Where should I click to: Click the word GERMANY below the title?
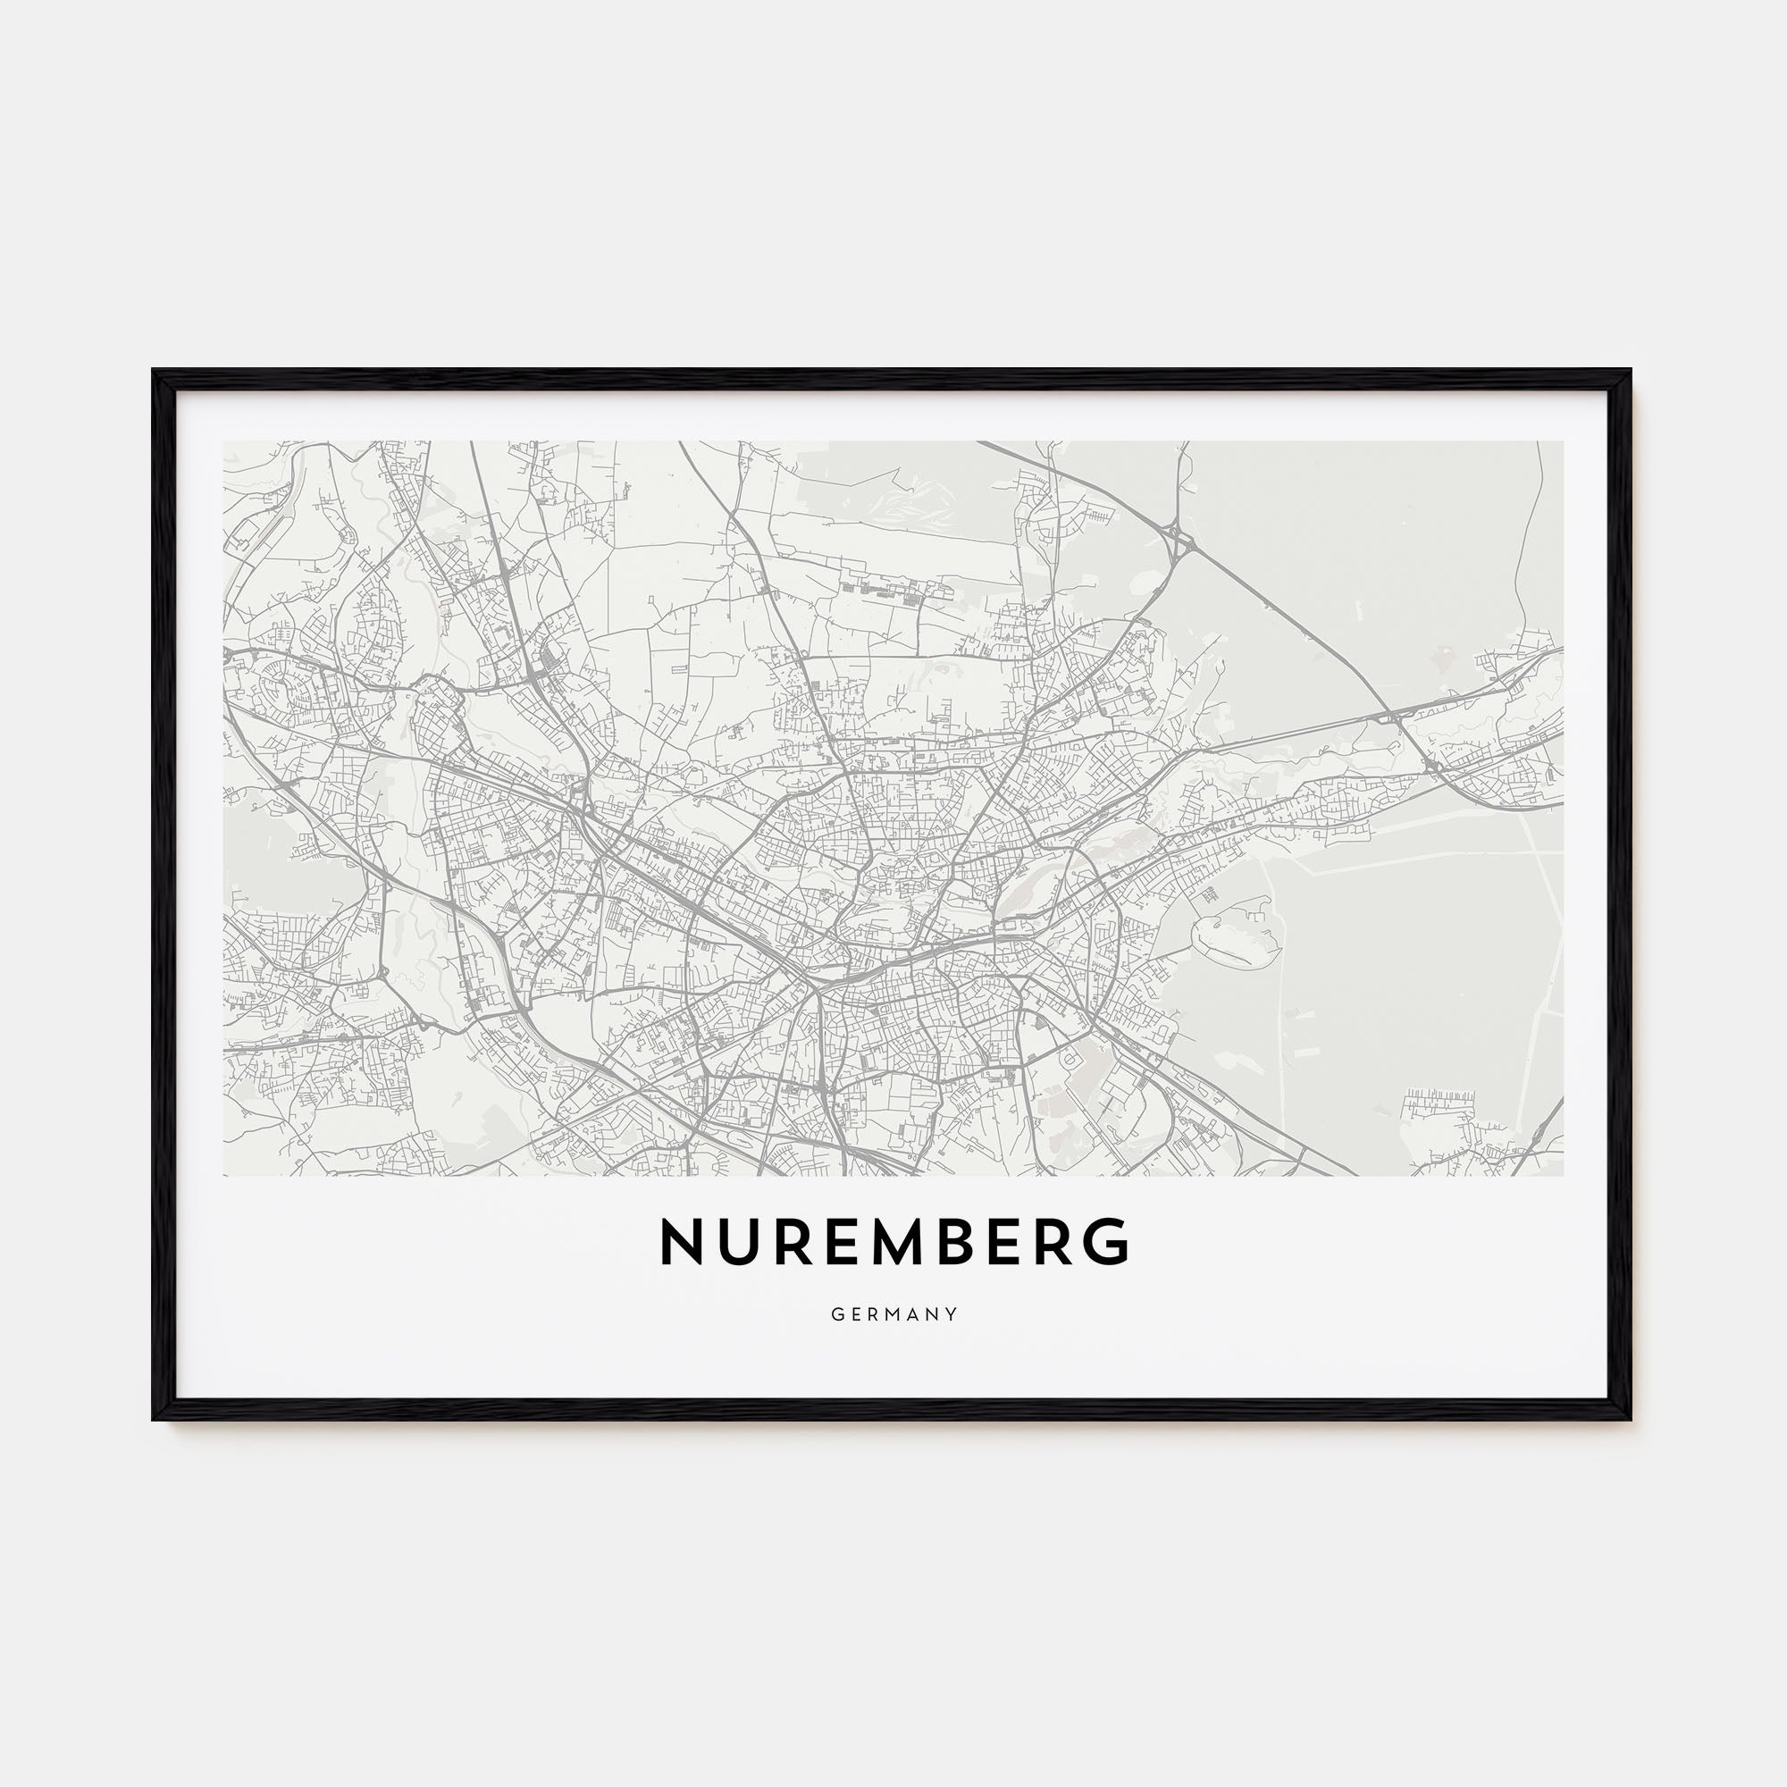coord(893,1314)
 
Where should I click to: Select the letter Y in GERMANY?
coord(952,1314)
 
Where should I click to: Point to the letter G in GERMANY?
coord(836,1314)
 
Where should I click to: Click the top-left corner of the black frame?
coord(154,371)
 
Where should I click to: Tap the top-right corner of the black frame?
coord(1630,371)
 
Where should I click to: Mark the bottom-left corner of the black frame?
coord(154,1418)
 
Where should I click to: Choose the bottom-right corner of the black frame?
coord(1630,1418)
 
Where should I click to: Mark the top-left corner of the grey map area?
coord(225,442)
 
